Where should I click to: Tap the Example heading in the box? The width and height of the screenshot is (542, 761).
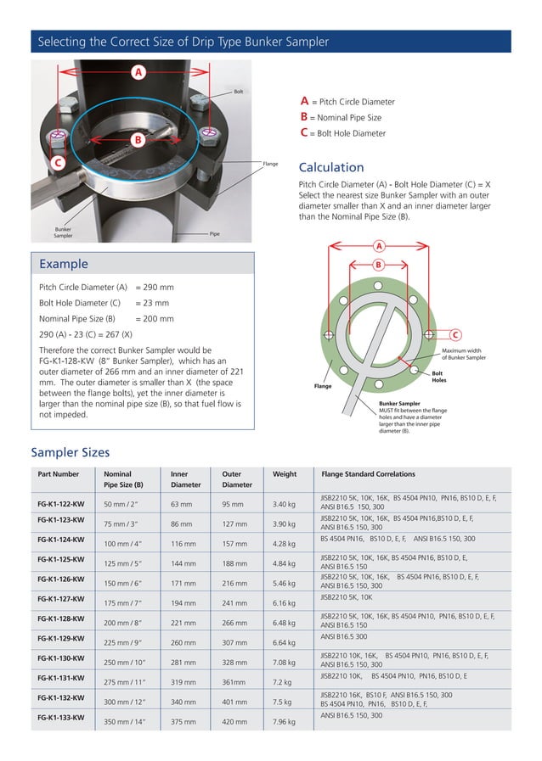click(x=64, y=264)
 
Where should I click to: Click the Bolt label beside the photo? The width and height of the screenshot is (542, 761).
click(x=239, y=90)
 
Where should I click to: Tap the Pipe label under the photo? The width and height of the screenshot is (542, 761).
click(x=214, y=232)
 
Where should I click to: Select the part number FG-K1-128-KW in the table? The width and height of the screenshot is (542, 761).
click(x=60, y=618)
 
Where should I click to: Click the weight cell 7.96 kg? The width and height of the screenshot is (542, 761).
click(x=284, y=722)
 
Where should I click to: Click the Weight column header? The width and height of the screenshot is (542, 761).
click(x=285, y=474)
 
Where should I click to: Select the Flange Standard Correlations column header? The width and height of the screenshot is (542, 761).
click(x=368, y=474)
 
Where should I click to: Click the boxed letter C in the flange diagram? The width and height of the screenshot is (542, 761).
click(x=454, y=333)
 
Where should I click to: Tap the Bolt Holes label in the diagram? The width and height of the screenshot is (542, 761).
click(x=437, y=377)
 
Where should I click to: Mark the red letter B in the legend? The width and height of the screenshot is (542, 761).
click(x=303, y=117)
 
